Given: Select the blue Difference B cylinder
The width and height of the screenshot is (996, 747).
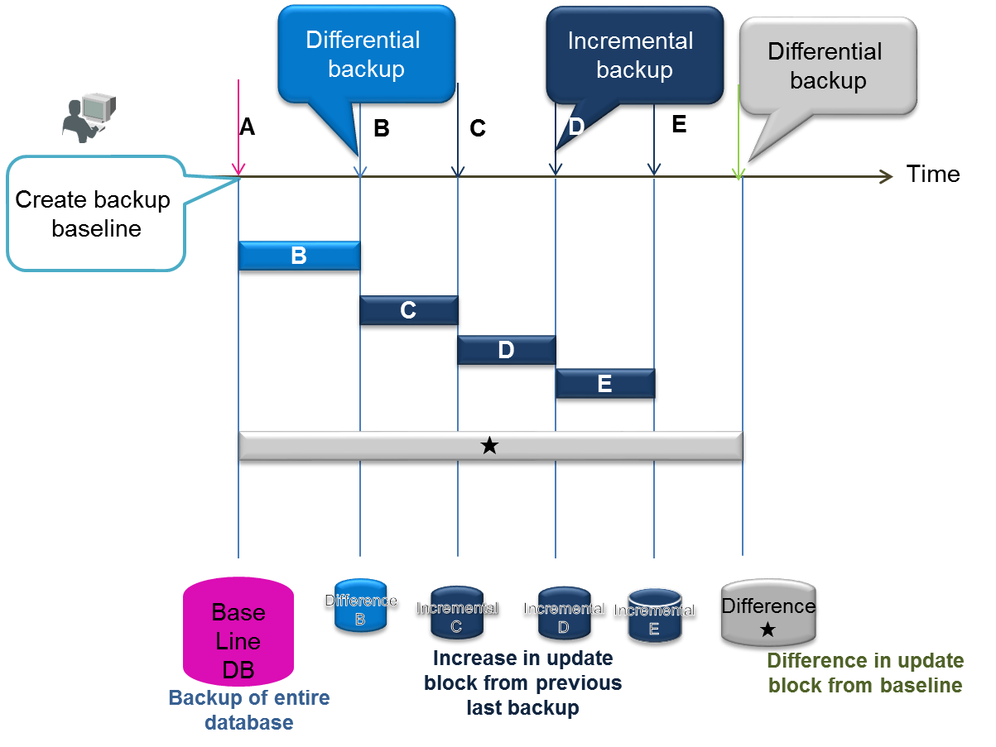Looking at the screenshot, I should pos(360,609).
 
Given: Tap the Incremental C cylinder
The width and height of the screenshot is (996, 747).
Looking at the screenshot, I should pos(456,616).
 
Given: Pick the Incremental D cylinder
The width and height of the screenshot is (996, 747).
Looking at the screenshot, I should pos(564,616).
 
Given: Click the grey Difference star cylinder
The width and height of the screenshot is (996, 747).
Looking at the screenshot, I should pos(767,614).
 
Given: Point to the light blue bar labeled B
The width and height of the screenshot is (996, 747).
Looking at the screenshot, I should pos(299,256).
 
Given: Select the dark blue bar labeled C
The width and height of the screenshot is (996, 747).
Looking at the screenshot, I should pos(408,311).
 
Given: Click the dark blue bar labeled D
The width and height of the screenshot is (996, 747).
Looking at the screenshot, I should pos(506,351).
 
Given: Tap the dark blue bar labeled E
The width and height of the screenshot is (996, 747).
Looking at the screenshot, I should pos(604,385).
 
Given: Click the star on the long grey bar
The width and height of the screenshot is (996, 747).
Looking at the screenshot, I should pos(489,447).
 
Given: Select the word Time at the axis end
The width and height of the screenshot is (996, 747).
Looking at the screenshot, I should pos(933,175).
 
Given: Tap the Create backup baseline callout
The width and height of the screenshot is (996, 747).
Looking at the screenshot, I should pos(94,213).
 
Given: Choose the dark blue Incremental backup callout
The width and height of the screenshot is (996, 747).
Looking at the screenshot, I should pos(632,55).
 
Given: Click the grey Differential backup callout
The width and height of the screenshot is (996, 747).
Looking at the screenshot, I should pos(827,66).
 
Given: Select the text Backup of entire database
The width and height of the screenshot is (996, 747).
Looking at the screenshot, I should pos(249,710).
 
